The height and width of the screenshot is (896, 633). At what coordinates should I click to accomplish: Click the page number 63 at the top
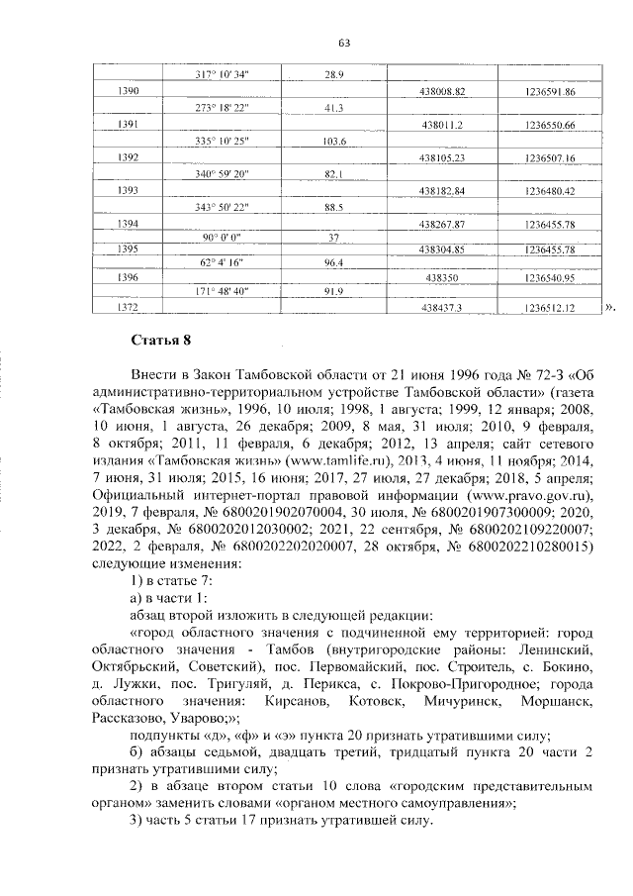[344, 43]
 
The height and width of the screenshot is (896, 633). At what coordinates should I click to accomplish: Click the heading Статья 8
[159, 342]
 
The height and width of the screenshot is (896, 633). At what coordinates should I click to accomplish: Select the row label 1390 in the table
[129, 91]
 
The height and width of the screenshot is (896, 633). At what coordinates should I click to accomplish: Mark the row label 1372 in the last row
[129, 309]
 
